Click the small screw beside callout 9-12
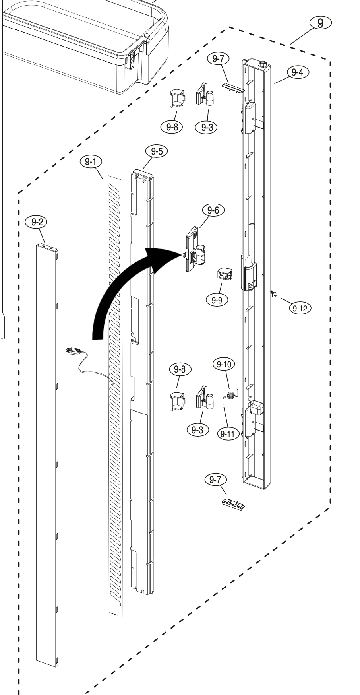tap(274, 295)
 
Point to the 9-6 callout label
tap(213, 210)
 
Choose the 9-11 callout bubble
tap(228, 434)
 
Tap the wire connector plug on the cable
tap(73, 351)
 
